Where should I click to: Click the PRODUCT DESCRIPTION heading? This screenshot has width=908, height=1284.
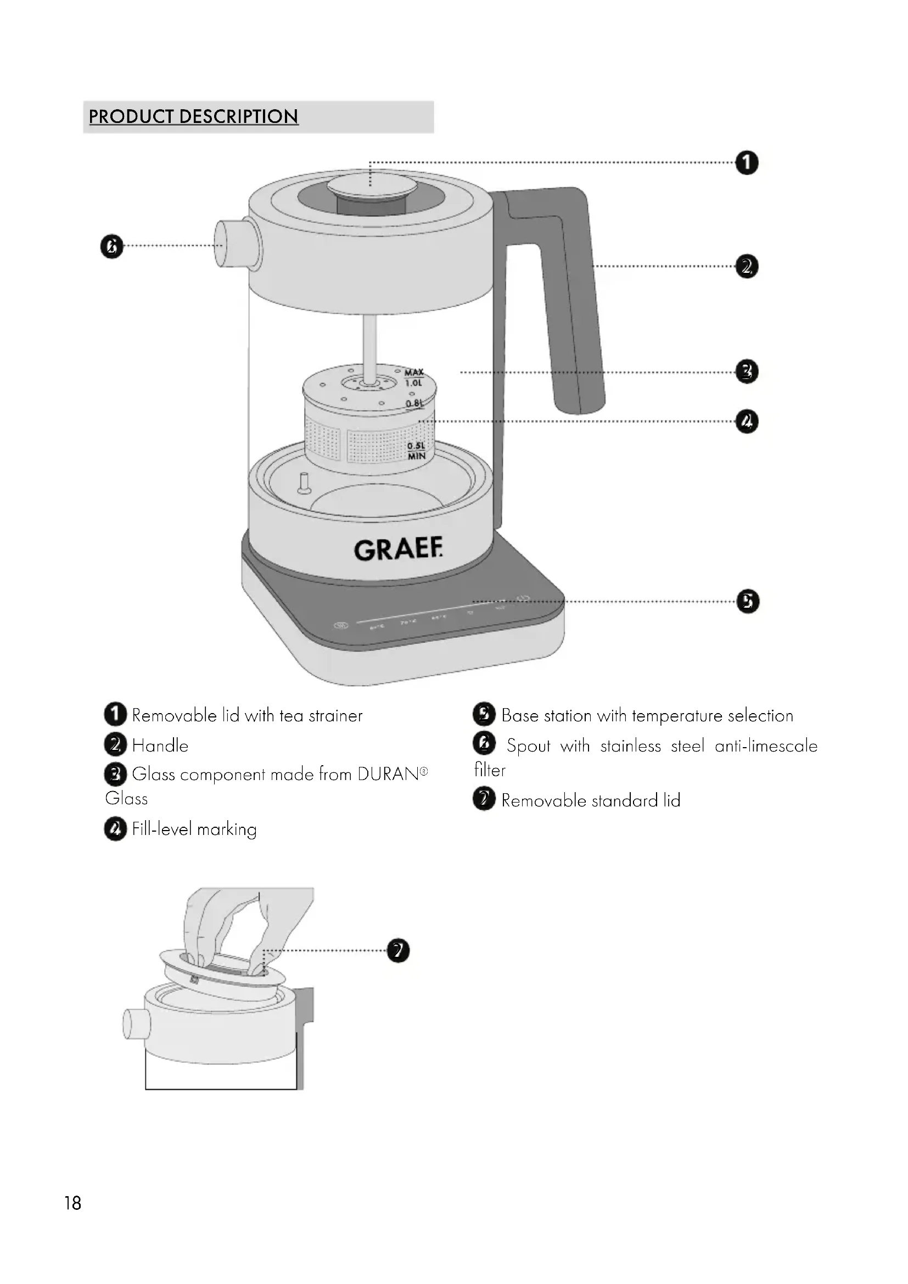(x=193, y=116)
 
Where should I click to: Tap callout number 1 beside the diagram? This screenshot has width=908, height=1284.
(x=747, y=162)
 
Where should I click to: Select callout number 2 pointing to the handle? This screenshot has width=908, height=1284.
(x=747, y=266)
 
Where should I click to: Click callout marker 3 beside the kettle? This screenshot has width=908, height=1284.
(x=747, y=371)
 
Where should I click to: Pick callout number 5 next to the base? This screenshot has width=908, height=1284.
(x=748, y=601)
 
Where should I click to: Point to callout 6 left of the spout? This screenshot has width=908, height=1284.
(x=111, y=246)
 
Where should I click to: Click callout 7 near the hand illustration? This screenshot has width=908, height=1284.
(x=398, y=950)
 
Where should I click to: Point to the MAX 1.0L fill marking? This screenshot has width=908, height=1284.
(x=414, y=378)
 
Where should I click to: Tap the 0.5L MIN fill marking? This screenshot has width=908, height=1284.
(x=416, y=451)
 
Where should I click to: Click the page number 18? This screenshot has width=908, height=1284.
(x=72, y=1203)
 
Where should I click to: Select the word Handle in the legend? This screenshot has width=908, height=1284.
(x=160, y=745)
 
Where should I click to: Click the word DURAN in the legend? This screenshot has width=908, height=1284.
(x=388, y=775)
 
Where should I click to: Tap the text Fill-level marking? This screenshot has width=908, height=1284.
(x=194, y=829)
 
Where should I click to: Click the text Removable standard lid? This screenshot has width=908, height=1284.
(x=591, y=800)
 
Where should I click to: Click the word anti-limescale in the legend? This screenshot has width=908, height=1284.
(x=766, y=746)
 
